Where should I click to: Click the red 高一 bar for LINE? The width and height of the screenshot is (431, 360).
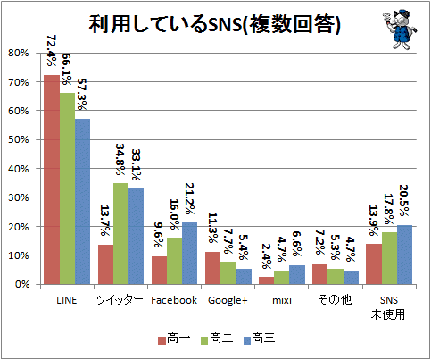[x=52, y=180]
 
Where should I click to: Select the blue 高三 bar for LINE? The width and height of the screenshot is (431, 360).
[x=82, y=202]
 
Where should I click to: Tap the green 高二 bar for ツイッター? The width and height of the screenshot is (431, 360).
[x=120, y=234]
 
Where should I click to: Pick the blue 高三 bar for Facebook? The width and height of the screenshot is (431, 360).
[x=189, y=254]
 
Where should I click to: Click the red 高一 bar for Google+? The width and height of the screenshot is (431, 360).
[x=212, y=268]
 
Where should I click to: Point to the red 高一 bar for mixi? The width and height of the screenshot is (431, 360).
[x=266, y=280]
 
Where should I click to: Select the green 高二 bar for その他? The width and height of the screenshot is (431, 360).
[x=336, y=277]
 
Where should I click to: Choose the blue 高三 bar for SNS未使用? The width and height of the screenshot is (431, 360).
[x=404, y=255]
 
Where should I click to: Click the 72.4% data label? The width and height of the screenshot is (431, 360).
[x=51, y=51]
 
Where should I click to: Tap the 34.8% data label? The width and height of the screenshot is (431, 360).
[x=120, y=160]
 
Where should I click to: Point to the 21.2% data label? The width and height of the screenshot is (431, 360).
[x=189, y=199]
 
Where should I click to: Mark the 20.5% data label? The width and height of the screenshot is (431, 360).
[x=403, y=201]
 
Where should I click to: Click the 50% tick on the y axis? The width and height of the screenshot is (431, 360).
[x=19, y=139]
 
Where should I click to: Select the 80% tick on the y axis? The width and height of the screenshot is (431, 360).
[x=19, y=53]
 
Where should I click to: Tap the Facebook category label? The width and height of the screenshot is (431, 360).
[x=174, y=300]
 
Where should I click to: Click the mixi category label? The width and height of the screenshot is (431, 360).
[x=282, y=300]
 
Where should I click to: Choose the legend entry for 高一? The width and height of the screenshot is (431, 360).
[x=174, y=339]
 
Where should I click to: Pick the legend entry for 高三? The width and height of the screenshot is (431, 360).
[x=259, y=339]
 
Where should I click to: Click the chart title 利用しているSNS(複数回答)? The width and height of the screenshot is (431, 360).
[x=214, y=24]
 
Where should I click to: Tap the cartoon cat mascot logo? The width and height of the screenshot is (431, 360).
[x=400, y=29]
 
